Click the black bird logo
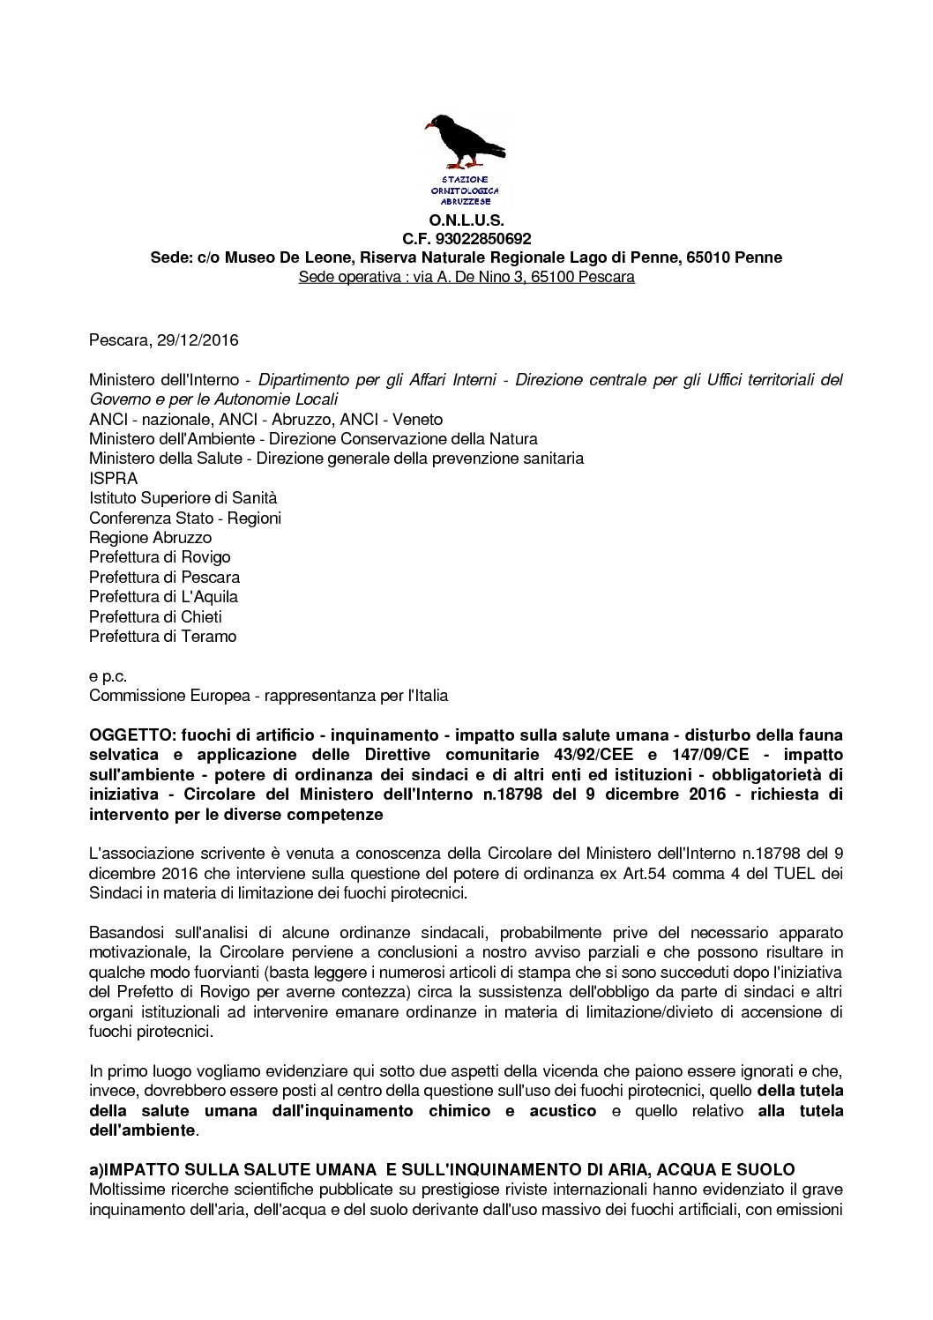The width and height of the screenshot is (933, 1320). coord(466,142)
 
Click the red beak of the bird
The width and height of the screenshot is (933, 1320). coord(430,126)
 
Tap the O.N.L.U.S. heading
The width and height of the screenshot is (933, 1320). coord(466,220)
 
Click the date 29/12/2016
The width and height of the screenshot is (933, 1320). coord(198,340)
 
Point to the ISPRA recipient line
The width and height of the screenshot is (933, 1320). coord(113,479)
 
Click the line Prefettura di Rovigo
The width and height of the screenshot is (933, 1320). coord(160,557)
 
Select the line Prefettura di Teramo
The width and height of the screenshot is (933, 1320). coord(162,637)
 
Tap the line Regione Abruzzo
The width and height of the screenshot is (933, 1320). coord(150,538)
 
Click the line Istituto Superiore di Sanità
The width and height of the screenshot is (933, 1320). coord(183,498)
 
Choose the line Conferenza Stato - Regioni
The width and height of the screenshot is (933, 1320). coord(185,518)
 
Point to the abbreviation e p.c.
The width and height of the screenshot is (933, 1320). coord(108,676)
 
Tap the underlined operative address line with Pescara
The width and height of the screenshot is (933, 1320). coord(466,278)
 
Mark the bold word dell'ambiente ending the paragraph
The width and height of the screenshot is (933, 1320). coord(141,1130)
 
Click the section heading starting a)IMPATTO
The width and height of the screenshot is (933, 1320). coord(442,1170)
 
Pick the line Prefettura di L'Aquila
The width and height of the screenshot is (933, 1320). coord(163,597)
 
